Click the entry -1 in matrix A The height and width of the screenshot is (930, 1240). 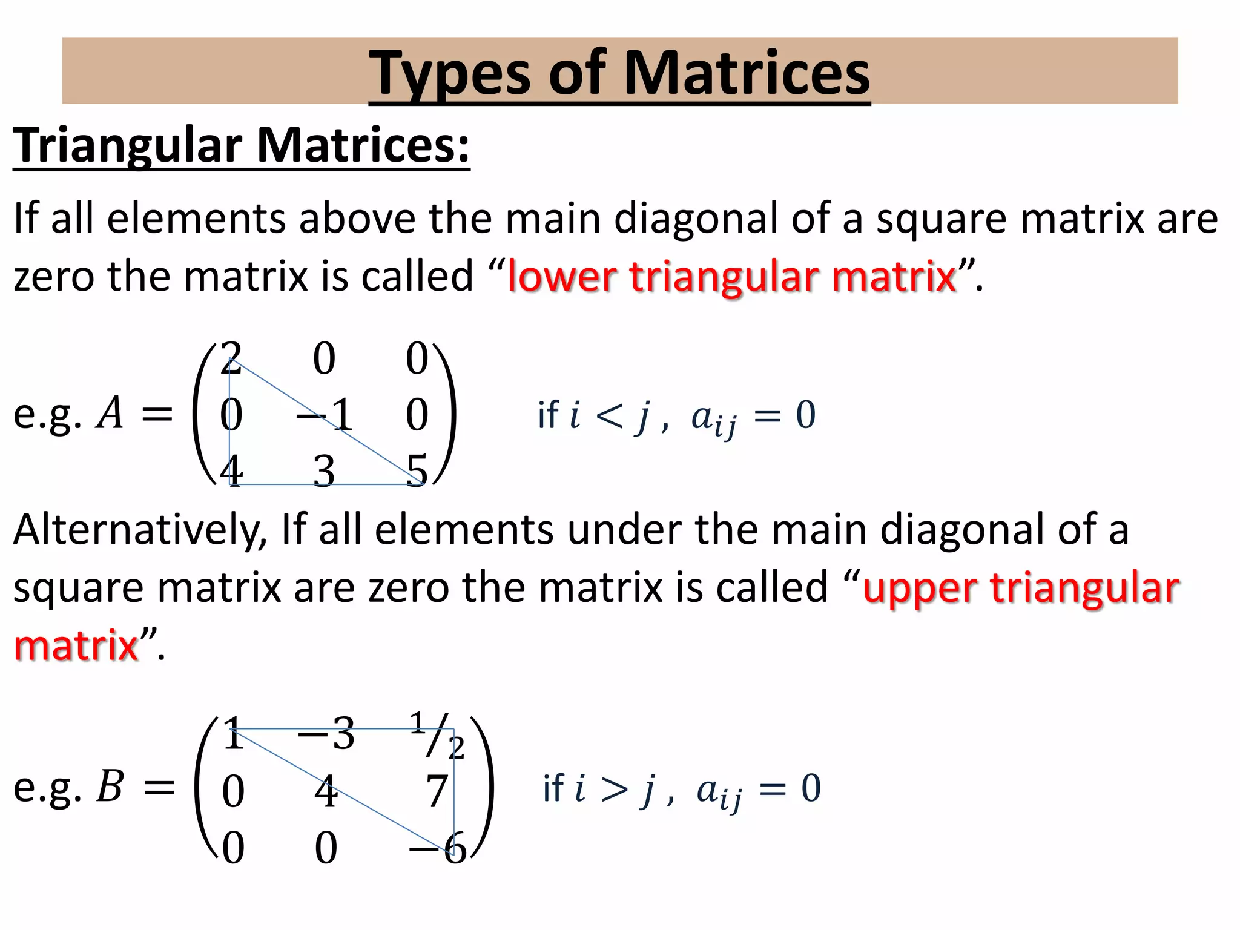(326, 415)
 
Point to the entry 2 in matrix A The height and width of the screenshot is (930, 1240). (231, 358)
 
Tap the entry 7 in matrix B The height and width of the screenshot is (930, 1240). (437, 791)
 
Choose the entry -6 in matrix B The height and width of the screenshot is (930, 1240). (438, 848)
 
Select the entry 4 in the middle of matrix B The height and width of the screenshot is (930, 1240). (326, 791)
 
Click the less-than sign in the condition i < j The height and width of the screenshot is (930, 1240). (608, 416)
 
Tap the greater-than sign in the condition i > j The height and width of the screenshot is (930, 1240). (614, 789)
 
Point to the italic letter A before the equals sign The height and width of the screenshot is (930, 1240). (110, 414)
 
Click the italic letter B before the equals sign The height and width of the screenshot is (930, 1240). (110, 787)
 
